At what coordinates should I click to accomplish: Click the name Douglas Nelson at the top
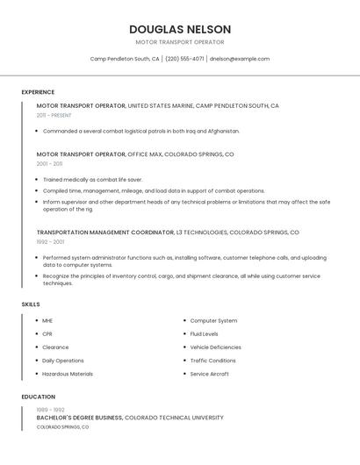(180, 29)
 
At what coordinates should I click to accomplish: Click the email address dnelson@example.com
(240, 59)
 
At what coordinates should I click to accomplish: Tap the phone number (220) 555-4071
(184, 59)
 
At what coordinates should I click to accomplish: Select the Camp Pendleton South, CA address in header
(125, 59)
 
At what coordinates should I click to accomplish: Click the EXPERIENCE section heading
(38, 92)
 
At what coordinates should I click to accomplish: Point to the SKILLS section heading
(31, 304)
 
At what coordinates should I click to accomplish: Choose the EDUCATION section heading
(37, 397)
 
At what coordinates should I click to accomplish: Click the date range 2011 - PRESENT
(54, 115)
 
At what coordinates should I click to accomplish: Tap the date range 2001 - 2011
(49, 163)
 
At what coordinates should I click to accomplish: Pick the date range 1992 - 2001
(50, 241)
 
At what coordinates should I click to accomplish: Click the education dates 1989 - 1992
(50, 410)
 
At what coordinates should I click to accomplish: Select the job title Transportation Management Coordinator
(105, 232)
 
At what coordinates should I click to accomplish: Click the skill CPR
(47, 334)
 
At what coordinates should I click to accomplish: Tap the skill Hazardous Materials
(68, 374)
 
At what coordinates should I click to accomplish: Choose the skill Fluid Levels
(204, 334)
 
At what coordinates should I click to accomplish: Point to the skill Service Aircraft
(209, 374)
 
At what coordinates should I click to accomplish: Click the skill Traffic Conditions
(212, 361)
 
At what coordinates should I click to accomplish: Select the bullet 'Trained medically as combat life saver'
(92, 180)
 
